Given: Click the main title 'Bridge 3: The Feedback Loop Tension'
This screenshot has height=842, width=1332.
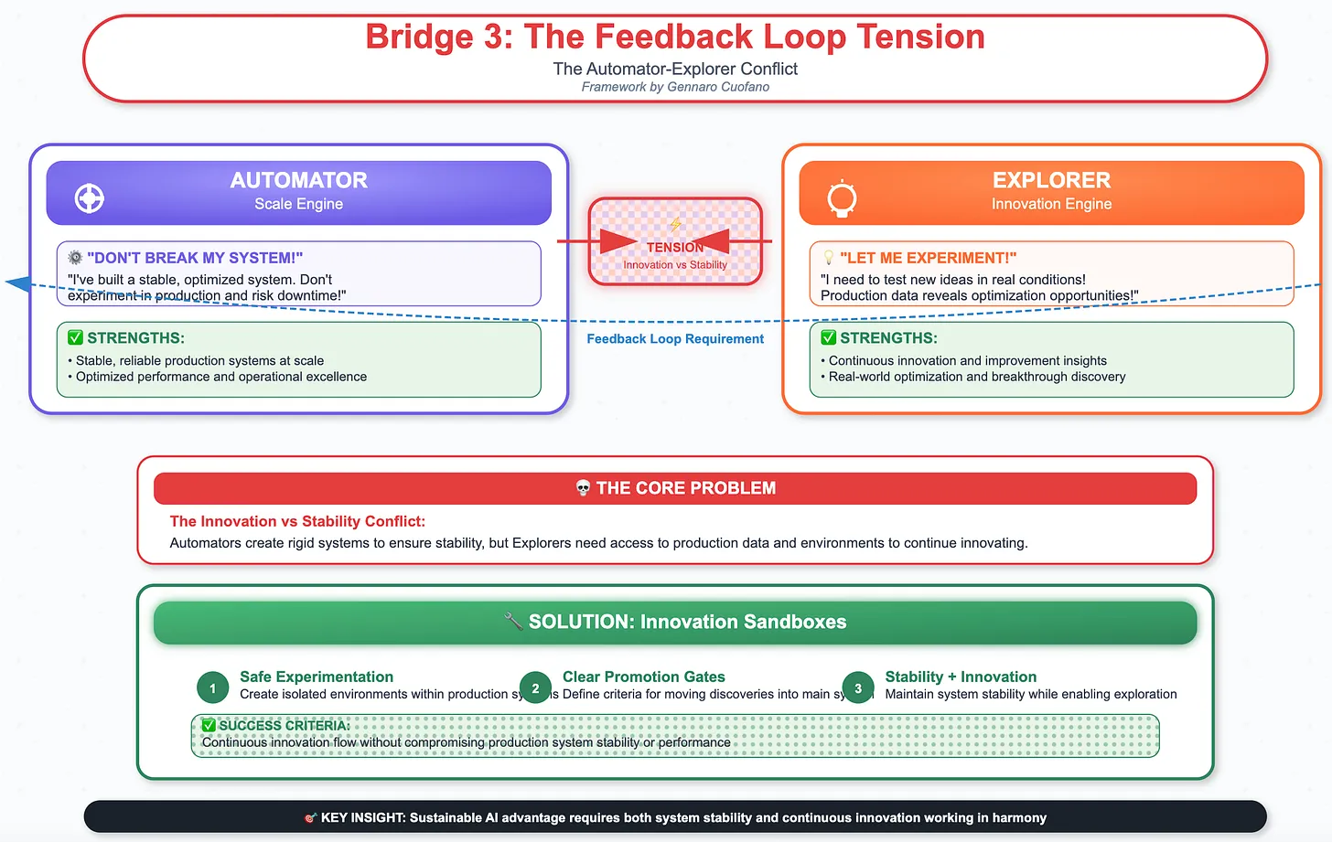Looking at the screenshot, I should (x=674, y=37).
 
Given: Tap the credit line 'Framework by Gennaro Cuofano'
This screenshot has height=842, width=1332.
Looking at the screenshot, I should (x=674, y=87).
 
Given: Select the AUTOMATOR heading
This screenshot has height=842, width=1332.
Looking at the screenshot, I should (x=298, y=180).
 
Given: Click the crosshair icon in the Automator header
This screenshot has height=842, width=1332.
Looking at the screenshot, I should (x=89, y=197).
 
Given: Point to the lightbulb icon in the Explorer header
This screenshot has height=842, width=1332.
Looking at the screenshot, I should (x=841, y=198).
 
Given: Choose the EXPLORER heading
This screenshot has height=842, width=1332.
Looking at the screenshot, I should (x=1051, y=180).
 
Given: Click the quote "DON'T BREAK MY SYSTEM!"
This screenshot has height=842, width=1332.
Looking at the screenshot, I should (x=194, y=258).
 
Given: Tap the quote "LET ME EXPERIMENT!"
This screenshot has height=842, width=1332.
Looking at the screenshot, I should (x=928, y=258).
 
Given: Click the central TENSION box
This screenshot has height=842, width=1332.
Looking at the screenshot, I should (x=675, y=242).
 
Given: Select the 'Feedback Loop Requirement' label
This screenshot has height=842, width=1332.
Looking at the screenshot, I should (x=674, y=338).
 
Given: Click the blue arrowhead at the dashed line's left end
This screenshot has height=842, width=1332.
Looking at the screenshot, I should (x=18, y=283).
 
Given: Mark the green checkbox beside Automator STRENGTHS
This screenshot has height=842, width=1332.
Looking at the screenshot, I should (x=75, y=337).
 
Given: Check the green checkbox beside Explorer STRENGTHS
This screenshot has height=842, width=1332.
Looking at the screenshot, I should (x=828, y=337).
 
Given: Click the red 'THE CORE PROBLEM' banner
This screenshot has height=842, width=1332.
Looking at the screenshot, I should (x=675, y=488).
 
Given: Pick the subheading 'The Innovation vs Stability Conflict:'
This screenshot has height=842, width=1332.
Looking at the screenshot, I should (x=297, y=521).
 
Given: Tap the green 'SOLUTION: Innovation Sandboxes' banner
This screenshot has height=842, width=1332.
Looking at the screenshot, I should (x=675, y=622).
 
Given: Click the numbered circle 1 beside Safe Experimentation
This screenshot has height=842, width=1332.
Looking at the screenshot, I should (x=212, y=688).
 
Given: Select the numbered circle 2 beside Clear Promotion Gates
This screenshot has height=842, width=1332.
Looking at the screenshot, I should (x=535, y=688).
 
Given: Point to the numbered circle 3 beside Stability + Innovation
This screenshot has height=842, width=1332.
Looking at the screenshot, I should (x=857, y=688).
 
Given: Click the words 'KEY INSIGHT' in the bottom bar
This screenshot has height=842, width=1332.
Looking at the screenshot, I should (x=361, y=817).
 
